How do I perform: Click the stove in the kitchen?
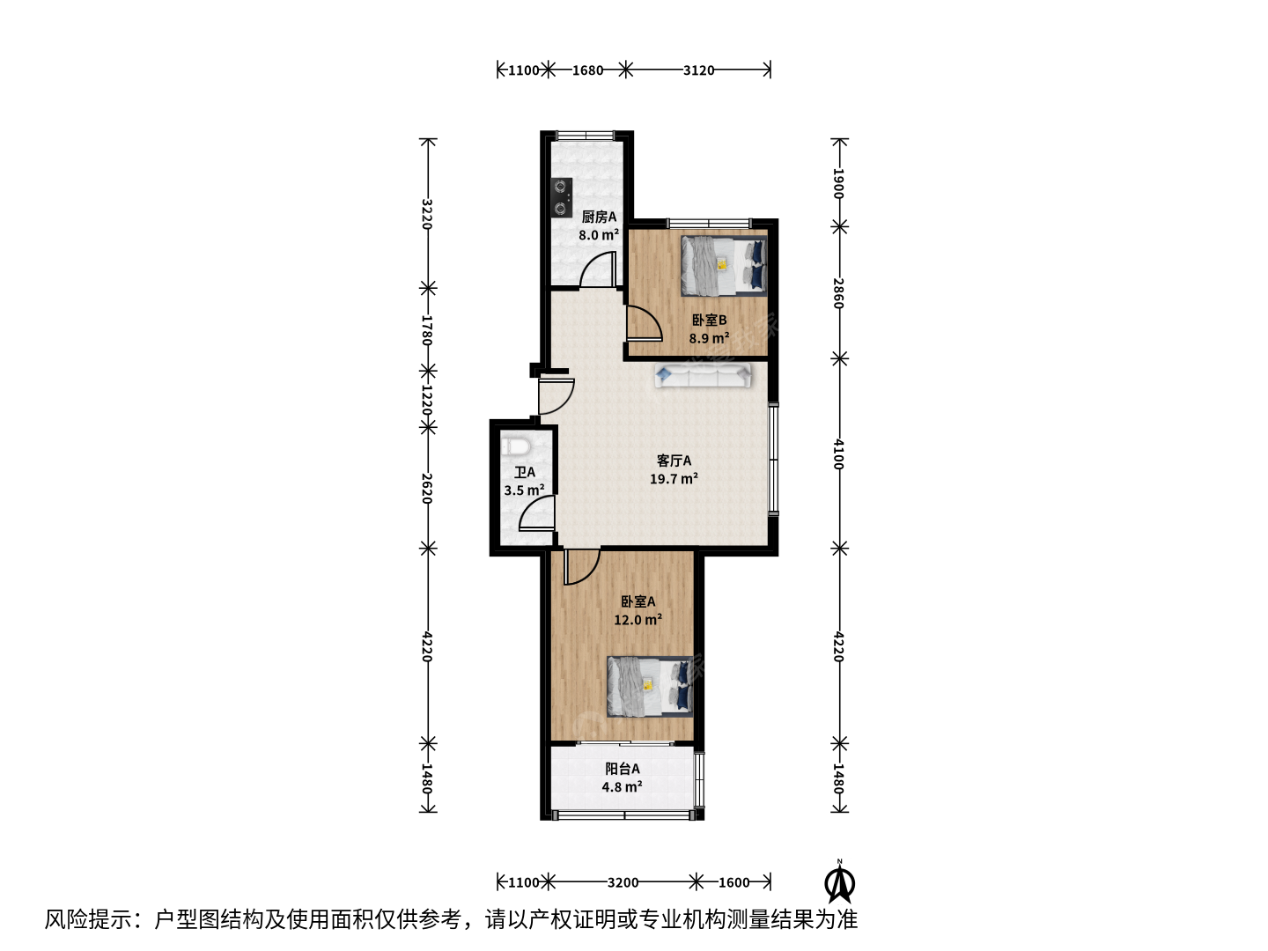[562, 197]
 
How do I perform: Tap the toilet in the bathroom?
[516, 446]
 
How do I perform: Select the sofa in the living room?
[703, 375]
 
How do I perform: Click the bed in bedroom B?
[724, 266]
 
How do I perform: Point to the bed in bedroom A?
[650, 687]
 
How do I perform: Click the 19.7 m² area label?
[674, 479]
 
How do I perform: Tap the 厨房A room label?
[599, 217]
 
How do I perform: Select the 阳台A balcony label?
[623, 769]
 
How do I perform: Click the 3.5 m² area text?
[524, 490]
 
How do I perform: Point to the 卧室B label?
[710, 320]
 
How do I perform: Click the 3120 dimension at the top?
[698, 70]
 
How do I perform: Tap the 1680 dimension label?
[587, 70]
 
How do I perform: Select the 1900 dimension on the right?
[839, 183]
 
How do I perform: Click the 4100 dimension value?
[839, 454]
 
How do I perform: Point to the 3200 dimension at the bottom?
[623, 882]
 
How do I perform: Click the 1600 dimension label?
[734, 882]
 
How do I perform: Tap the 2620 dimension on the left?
[427, 489]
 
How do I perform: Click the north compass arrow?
[839, 881]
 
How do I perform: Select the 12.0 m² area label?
[638, 620]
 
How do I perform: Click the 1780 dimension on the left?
[427, 329]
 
